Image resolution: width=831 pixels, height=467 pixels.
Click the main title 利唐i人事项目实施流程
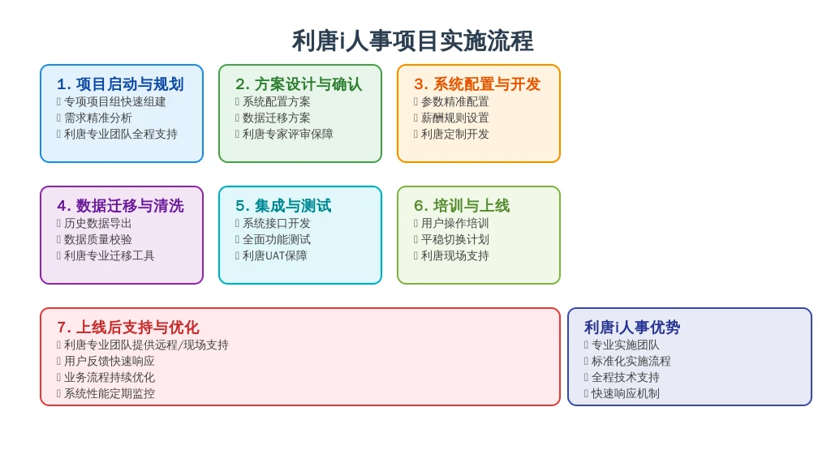pyautogui.click(x=412, y=41)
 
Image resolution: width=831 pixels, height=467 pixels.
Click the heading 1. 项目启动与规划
pyautogui.click(x=120, y=84)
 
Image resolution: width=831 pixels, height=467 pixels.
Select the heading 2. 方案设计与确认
pyautogui.click(x=299, y=84)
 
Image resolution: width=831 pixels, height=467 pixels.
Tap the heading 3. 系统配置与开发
pyautogui.click(x=477, y=84)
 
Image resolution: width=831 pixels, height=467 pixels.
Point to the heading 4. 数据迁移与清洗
pyautogui.click(x=120, y=205)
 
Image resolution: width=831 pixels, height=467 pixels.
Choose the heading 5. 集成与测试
pyautogui.click(x=283, y=205)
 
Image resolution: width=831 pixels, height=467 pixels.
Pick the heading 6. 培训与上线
pyautogui.click(x=462, y=205)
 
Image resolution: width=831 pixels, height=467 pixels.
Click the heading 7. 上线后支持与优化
pyautogui.click(x=127, y=328)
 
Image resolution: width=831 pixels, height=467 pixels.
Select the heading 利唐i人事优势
pyautogui.click(x=631, y=328)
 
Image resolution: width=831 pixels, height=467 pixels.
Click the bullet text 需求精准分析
pyautogui.click(x=98, y=118)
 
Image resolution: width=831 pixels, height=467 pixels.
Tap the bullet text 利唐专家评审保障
pyautogui.click(x=288, y=135)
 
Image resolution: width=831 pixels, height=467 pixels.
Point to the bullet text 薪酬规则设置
pyautogui.click(x=454, y=118)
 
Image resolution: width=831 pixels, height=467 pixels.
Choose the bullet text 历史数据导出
pyautogui.click(x=98, y=224)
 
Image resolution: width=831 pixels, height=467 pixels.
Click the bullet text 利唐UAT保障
pyautogui.click(x=275, y=255)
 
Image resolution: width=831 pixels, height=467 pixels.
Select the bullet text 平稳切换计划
pyautogui.click(x=454, y=240)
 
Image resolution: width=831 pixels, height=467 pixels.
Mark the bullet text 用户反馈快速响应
pyautogui.click(x=110, y=361)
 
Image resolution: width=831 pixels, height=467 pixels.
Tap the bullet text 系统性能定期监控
pyautogui.click(x=110, y=393)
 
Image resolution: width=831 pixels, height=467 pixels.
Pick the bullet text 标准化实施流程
pyautogui.click(x=631, y=361)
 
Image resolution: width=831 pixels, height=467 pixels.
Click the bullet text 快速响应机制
pyautogui.click(x=626, y=393)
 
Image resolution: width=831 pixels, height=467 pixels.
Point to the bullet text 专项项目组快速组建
pyautogui.click(x=115, y=101)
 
